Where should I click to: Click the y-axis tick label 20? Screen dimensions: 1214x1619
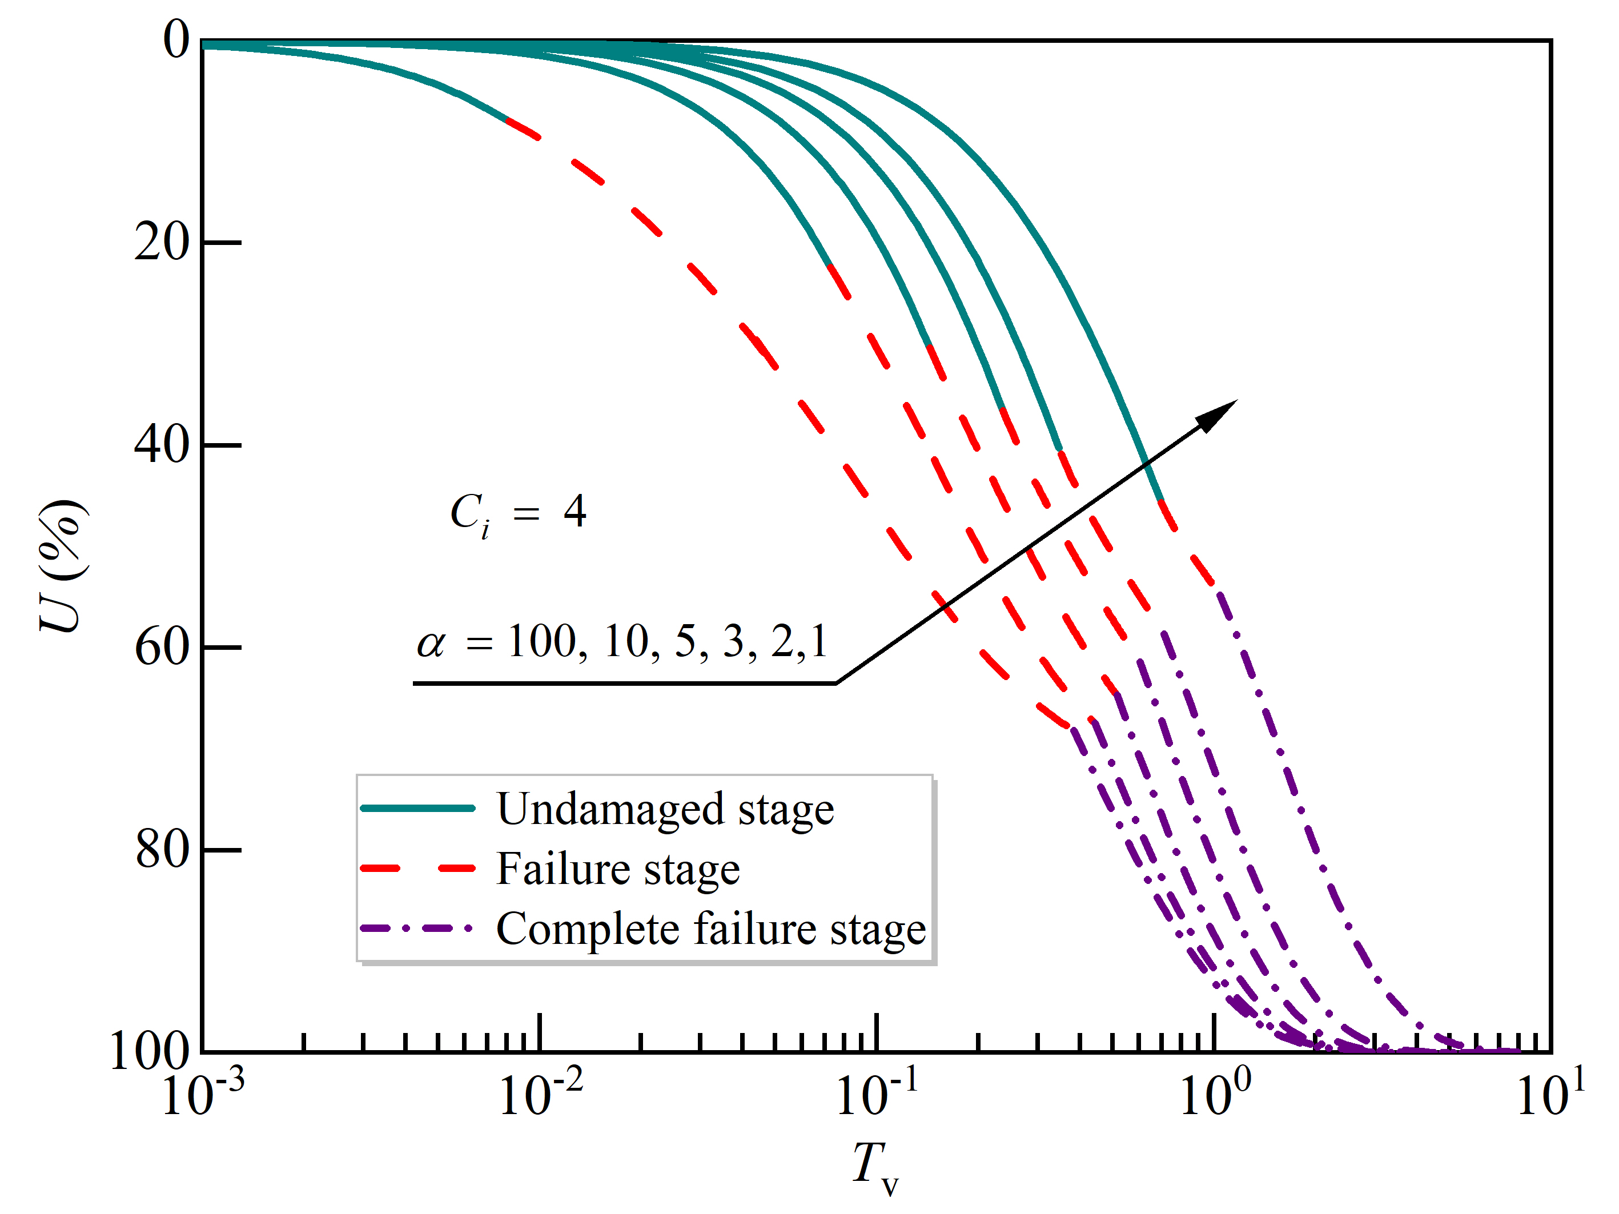[162, 242]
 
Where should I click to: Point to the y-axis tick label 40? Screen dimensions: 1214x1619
[162, 444]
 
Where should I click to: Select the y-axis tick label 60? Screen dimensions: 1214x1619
[162, 647]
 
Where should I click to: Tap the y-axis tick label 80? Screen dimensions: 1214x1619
[162, 850]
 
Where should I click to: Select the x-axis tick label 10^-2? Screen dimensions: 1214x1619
[540, 1094]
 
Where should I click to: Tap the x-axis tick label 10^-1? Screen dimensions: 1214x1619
[877, 1094]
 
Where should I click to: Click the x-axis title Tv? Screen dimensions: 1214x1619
[875, 1167]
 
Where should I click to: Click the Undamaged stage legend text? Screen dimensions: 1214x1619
[665, 809]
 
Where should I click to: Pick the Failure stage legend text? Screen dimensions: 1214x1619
[618, 869]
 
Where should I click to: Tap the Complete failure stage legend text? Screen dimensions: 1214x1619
[710, 929]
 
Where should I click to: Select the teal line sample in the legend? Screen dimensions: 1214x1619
[418, 809]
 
